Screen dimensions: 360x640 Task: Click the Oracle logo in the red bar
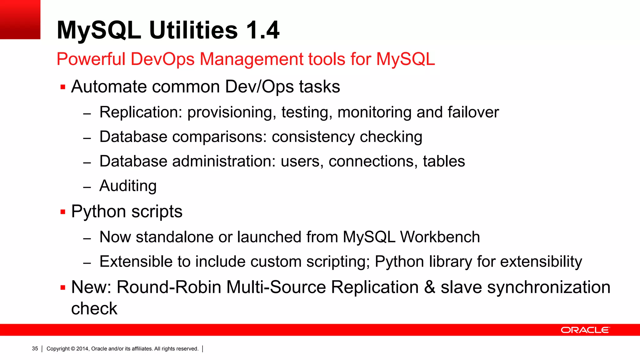(585, 330)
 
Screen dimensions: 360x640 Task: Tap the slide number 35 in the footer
(35, 348)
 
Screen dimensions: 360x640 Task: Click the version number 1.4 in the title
(262, 30)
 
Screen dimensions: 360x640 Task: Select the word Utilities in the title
(193, 30)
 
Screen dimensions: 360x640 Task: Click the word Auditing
(128, 186)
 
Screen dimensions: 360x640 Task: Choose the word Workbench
(440, 237)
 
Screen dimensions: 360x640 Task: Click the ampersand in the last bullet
(430, 287)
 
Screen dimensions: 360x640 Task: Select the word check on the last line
(94, 309)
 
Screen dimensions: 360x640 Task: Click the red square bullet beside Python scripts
(63, 212)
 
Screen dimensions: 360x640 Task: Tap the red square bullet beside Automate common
(63, 87)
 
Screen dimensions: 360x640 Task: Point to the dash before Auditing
(87, 187)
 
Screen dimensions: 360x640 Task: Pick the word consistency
(313, 137)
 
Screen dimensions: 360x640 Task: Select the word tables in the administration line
(444, 161)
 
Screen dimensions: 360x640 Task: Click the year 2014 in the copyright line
(82, 348)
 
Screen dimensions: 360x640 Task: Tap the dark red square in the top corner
(20, 19)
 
